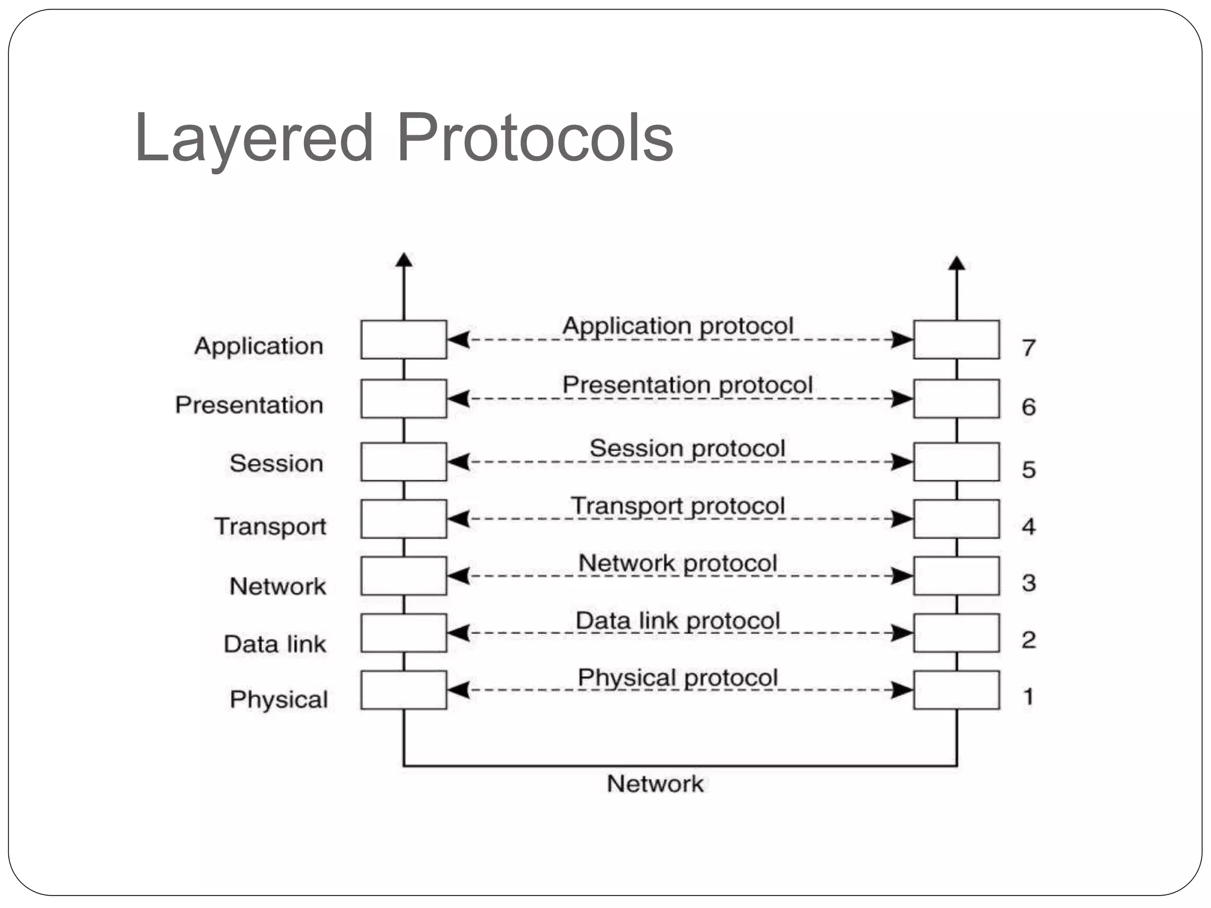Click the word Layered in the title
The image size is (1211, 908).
click(254, 139)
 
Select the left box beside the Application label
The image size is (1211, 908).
click(403, 339)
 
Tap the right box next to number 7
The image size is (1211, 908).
click(956, 339)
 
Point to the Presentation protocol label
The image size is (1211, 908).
click(687, 385)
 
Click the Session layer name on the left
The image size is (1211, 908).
click(276, 463)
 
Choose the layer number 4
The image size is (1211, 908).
click(1028, 526)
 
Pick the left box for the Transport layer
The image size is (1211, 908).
click(403, 519)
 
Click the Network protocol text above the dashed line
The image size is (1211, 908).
click(678, 563)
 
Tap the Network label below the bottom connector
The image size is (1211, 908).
click(655, 784)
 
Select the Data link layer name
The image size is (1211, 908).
click(274, 644)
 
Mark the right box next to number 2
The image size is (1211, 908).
click(956, 633)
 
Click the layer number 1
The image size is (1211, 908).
click(1028, 696)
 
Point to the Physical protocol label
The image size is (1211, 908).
click(678, 677)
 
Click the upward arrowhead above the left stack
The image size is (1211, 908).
click(404, 260)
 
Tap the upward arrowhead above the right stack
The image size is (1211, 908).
click(957, 263)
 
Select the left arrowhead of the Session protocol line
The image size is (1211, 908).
click(458, 462)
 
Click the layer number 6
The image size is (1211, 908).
click(1028, 407)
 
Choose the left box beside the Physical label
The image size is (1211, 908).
click(403, 690)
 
